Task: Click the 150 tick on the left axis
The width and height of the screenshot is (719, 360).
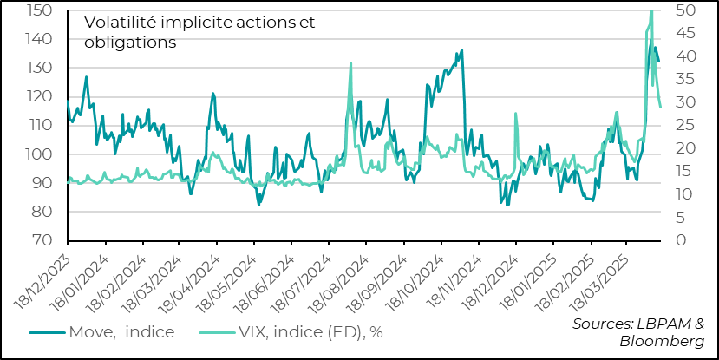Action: pyautogui.click(x=40, y=10)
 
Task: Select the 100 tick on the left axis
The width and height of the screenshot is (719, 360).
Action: pyautogui.click(x=40, y=154)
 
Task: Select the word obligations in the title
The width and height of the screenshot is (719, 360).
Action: pyautogui.click(x=130, y=42)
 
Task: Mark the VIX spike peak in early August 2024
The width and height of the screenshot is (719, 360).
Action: pyautogui.click(x=350, y=62)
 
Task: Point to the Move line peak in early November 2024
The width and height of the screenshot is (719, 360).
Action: pyautogui.click(x=461, y=49)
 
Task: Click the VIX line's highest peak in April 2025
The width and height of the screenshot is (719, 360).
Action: pyautogui.click(x=651, y=10)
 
